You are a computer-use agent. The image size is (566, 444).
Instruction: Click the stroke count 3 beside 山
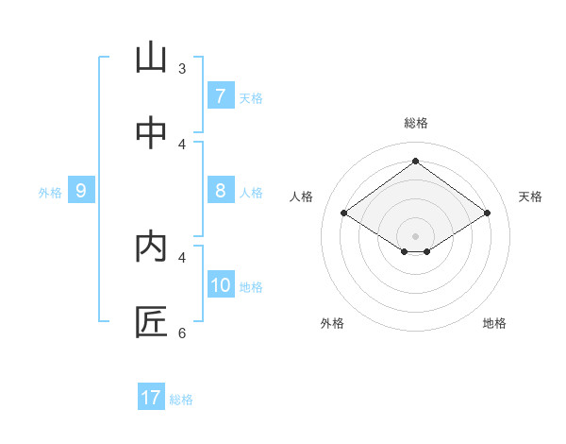pos(182,69)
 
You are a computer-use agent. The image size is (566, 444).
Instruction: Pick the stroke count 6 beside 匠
pos(182,333)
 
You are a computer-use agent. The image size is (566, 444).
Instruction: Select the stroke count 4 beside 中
pos(182,145)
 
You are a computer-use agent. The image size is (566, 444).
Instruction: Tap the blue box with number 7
pos(220,95)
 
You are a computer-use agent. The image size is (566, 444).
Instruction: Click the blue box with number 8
pos(220,190)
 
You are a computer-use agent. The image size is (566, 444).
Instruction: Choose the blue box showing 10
pos(221,284)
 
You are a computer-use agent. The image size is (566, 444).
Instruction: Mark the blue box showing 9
pos(81,191)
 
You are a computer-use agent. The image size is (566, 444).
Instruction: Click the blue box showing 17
pos(151,398)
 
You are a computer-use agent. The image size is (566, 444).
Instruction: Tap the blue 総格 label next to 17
pos(181,400)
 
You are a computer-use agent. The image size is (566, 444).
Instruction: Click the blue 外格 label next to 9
pos(50,193)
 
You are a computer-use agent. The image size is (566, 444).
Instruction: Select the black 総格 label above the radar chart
pos(416,123)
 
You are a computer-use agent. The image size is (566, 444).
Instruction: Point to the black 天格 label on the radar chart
pos(530,196)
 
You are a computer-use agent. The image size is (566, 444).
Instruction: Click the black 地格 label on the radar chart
pos(494,323)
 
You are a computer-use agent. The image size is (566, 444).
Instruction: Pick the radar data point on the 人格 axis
pos(344,213)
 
